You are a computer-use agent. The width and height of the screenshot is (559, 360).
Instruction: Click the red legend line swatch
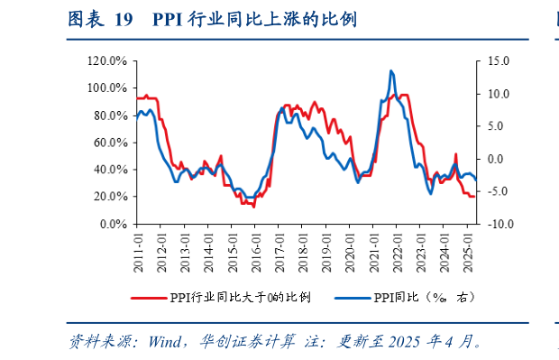pyautogui.click(x=149, y=297)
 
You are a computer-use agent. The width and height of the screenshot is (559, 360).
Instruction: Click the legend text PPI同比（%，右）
pyautogui.click(x=424, y=297)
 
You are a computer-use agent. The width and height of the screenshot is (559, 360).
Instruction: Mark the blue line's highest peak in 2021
pyautogui.click(x=390, y=70)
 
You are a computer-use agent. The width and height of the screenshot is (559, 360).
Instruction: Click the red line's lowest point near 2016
pyautogui.click(x=253, y=207)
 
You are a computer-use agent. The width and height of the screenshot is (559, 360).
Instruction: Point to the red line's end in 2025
pyautogui.click(x=475, y=196)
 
